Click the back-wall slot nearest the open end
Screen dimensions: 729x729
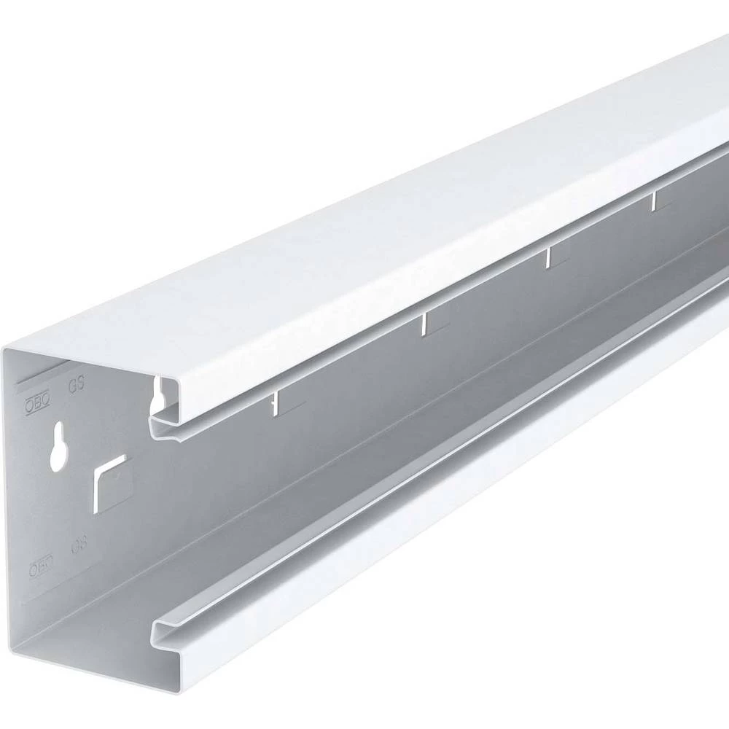click(276, 402)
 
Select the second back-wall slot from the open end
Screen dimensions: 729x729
click(424, 324)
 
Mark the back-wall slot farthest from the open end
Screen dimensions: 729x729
click(655, 200)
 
